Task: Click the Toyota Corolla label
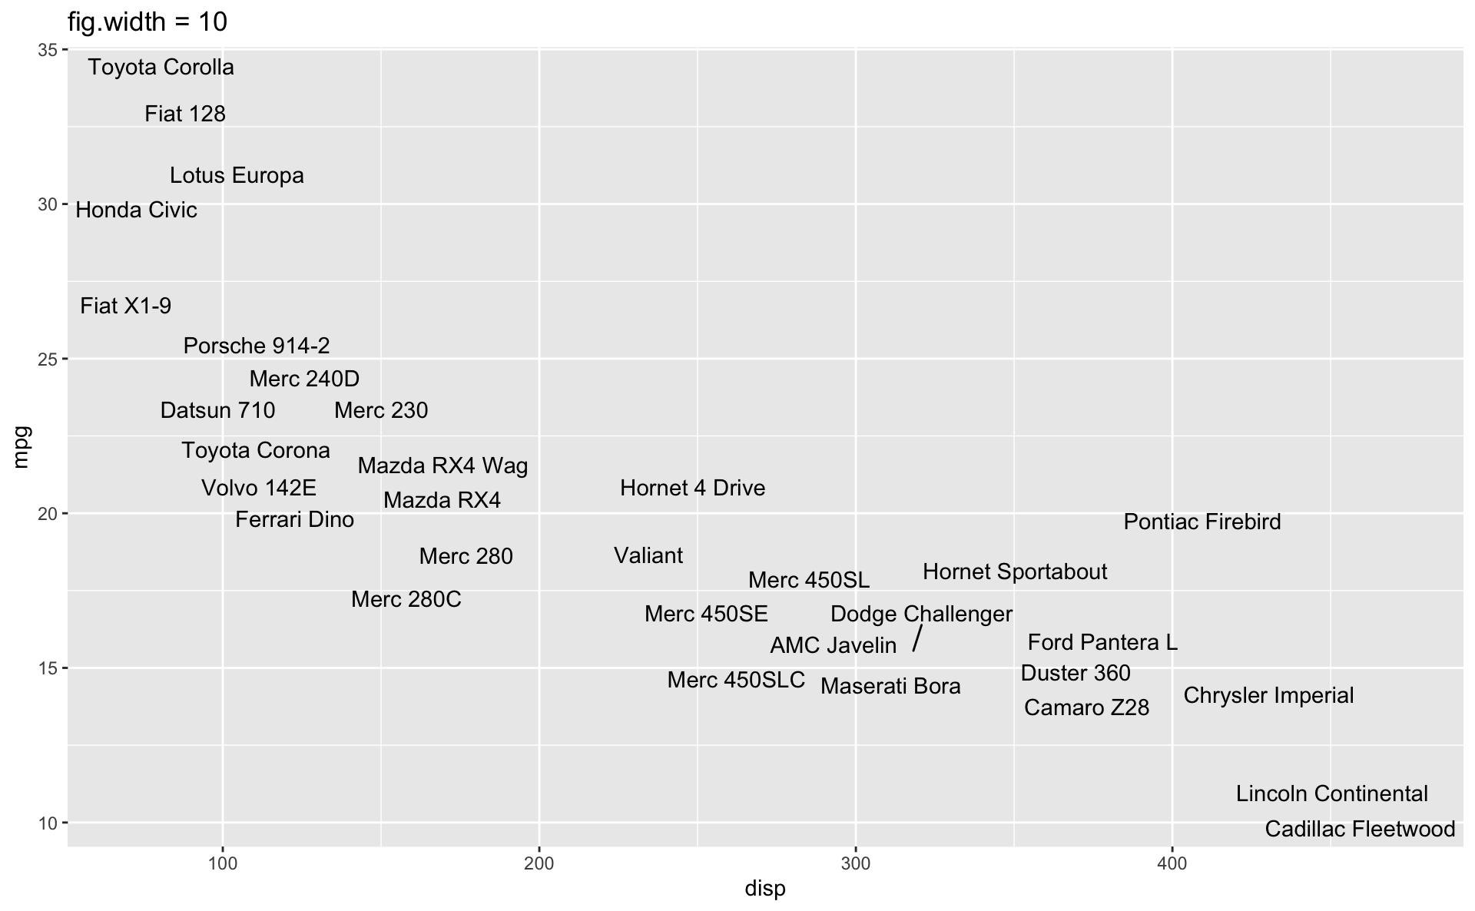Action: point(161,68)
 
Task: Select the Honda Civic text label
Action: point(136,210)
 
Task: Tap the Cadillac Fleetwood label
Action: point(1360,830)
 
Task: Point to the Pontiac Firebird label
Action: point(1202,522)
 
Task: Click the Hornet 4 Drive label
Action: point(692,489)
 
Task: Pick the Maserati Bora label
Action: point(890,687)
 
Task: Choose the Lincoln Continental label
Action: point(1331,794)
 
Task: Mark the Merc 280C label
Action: point(406,600)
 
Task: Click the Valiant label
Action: point(648,556)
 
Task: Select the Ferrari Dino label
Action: point(294,520)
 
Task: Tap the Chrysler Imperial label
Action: point(1268,696)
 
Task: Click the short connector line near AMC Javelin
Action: point(917,638)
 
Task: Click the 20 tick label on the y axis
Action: point(48,514)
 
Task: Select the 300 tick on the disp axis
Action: point(855,864)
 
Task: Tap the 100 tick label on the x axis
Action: point(223,864)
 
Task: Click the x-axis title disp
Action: point(765,889)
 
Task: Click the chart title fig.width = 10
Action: point(147,22)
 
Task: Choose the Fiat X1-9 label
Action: point(126,306)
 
